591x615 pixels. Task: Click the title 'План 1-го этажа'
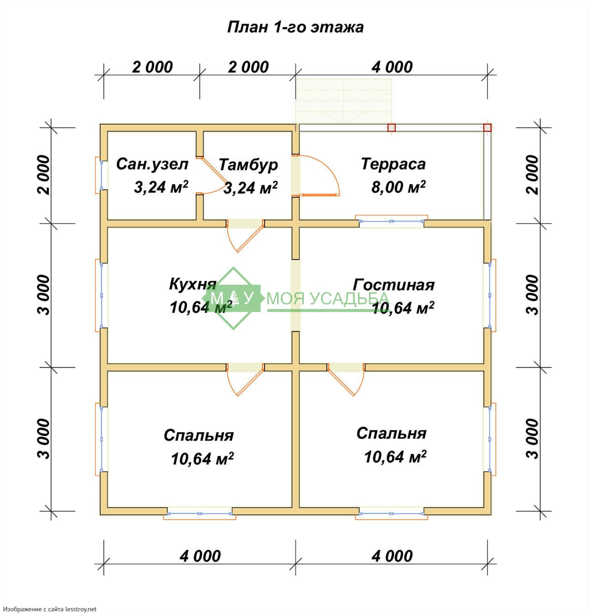point(295,27)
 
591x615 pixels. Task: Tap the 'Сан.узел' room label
point(152,164)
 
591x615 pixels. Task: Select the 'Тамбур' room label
point(248,165)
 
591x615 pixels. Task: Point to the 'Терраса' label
point(393,164)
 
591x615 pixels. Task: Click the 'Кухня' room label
point(193,284)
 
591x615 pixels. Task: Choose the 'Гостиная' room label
point(393,285)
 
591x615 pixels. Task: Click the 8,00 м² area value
point(398,187)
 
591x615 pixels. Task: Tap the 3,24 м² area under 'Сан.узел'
point(161,187)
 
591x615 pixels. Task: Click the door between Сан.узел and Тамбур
point(211,175)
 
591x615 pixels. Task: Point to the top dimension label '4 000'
point(392,67)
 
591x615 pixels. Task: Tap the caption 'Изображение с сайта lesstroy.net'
point(49,609)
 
